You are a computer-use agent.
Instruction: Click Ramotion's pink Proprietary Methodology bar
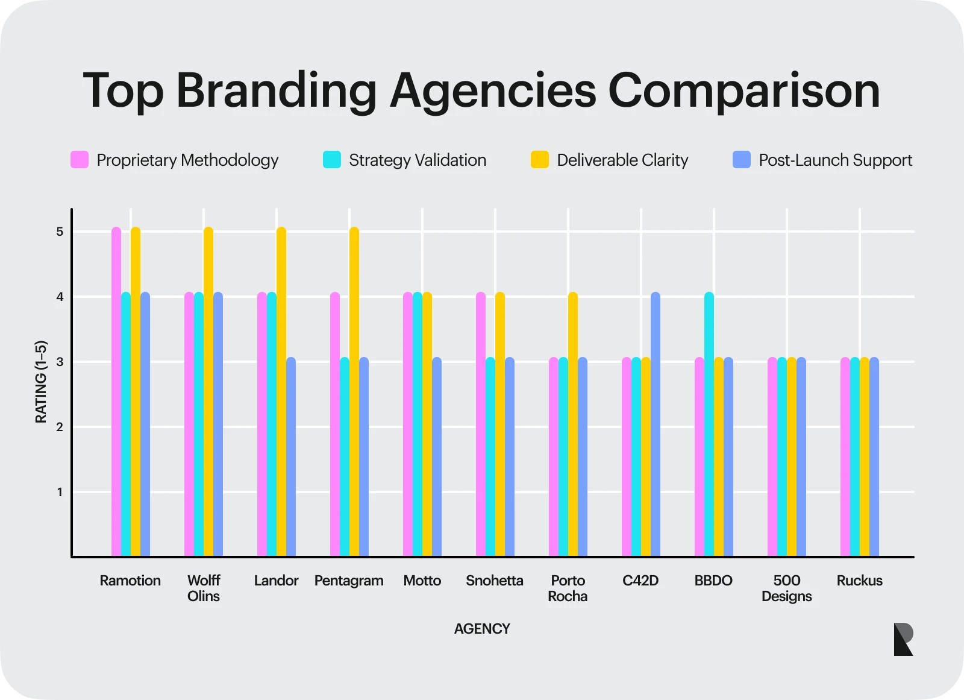(x=116, y=392)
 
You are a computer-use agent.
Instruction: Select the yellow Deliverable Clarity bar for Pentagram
(x=354, y=392)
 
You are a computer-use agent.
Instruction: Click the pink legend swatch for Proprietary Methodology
(x=80, y=160)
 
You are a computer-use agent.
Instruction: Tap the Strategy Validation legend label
(x=418, y=160)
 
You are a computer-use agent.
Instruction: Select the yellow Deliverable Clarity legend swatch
(x=540, y=160)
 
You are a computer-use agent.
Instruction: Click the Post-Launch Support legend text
(x=835, y=160)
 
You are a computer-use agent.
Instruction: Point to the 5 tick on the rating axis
(x=60, y=232)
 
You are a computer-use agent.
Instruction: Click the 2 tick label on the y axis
(x=60, y=427)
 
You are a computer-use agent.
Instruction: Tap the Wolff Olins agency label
(x=204, y=588)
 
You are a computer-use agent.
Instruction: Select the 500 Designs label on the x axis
(x=786, y=588)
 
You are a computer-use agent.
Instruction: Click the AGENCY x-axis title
(x=482, y=629)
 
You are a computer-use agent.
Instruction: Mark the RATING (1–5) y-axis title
(x=41, y=382)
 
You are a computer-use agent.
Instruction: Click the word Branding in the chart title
(x=277, y=90)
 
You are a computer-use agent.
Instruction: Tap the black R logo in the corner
(x=903, y=639)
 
